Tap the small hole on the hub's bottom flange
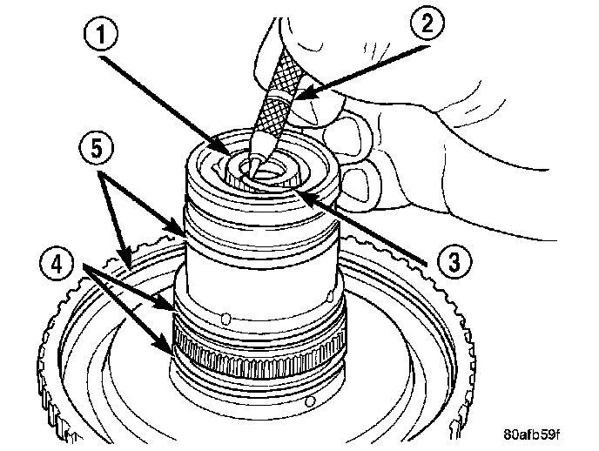[x=312, y=402]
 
